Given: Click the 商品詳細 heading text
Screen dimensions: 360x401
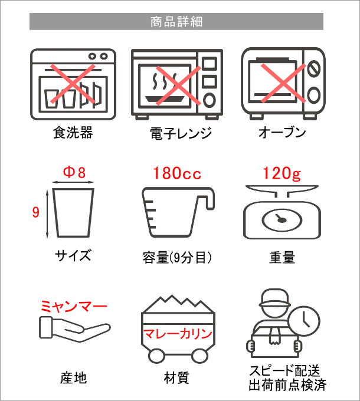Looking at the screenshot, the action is click(176, 22).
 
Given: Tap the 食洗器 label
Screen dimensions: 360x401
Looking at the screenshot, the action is click(73, 133).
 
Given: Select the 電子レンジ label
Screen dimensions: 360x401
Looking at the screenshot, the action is click(181, 133).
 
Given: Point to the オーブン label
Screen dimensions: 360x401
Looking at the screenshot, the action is click(282, 133).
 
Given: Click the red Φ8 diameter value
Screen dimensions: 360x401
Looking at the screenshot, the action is click(74, 172).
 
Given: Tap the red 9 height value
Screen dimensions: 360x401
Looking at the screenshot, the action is click(36, 212).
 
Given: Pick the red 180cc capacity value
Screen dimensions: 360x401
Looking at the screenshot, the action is click(177, 173).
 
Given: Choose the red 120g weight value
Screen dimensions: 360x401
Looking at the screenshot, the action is click(282, 173).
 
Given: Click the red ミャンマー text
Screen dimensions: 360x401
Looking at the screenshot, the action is click(74, 307).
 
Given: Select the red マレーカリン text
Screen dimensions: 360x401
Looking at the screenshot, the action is click(178, 334).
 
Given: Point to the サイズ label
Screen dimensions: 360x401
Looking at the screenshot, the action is click(73, 255).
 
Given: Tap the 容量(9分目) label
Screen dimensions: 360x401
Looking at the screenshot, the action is click(177, 258).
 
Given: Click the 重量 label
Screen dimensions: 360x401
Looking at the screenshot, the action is click(282, 257).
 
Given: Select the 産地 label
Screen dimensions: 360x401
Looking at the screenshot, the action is click(73, 378).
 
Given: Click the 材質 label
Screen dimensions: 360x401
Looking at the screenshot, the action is click(176, 378).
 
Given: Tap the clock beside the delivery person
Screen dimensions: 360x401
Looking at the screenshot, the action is click(304, 321).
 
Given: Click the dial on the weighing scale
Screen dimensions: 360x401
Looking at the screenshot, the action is click(282, 220).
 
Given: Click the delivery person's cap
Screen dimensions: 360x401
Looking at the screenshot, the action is click(275, 298).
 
